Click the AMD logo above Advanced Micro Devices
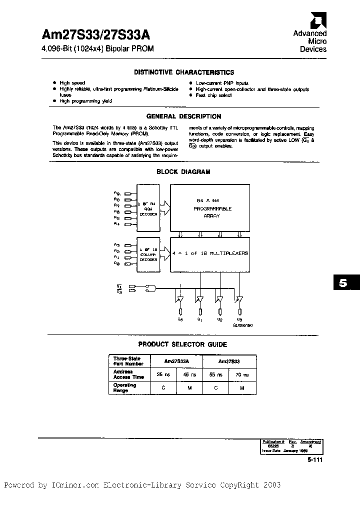[316, 20]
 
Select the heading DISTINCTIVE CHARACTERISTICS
[183, 72]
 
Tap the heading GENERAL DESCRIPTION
[183, 116]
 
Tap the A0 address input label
[116, 263]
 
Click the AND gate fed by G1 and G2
[149, 288]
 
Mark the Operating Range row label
[124, 387]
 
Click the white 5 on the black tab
[342, 283]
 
